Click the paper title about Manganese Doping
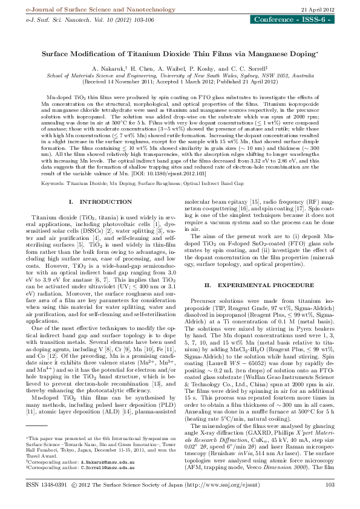coord(180,53)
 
